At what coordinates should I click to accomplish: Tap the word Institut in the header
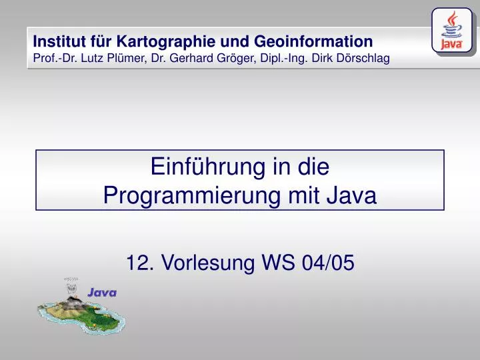coord(57,41)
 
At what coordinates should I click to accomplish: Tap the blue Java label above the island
coord(102,292)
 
